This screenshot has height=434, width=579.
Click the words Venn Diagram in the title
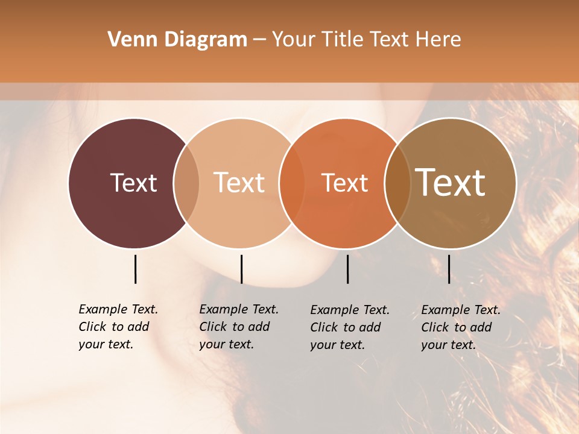(177, 40)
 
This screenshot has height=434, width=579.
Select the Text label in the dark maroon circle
(133, 183)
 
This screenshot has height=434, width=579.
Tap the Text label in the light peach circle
(239, 183)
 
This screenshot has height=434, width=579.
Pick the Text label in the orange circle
(344, 183)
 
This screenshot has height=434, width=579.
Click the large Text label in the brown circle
(451, 182)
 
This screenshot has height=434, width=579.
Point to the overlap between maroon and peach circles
(186, 183)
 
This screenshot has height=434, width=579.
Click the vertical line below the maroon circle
(135, 269)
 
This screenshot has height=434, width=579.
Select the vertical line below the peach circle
(241, 269)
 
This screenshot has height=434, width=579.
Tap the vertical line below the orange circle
(347, 269)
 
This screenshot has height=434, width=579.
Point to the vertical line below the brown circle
(449, 269)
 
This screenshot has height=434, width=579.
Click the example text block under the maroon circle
(118, 327)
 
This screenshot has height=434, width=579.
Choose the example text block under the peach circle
(239, 327)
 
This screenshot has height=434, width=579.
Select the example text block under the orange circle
(350, 327)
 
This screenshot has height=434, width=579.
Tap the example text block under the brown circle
(461, 327)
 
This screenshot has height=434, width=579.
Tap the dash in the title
(259, 40)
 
